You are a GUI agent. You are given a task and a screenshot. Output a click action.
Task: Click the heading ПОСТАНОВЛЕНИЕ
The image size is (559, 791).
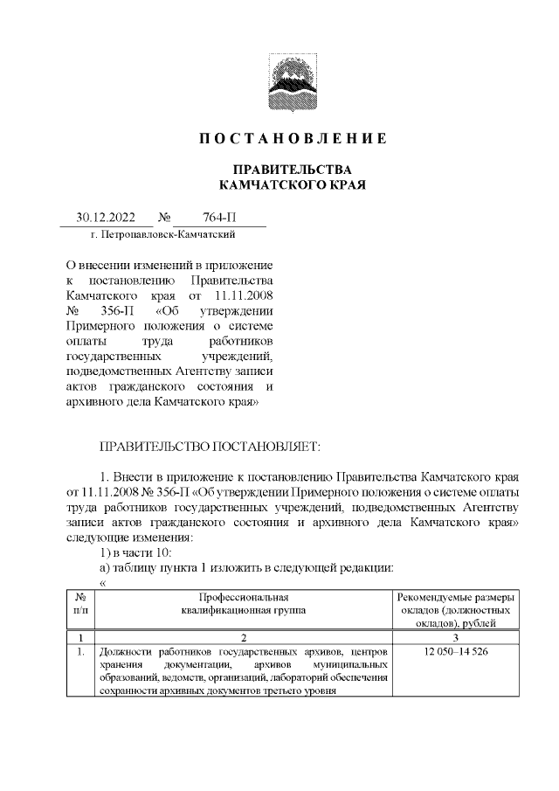292,139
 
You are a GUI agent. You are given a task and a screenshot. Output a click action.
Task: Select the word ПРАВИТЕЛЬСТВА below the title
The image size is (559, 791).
292,169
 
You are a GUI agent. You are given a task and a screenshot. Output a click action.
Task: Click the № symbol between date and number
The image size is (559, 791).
163,218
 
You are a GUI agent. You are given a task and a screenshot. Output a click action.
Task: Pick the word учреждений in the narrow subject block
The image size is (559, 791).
237,357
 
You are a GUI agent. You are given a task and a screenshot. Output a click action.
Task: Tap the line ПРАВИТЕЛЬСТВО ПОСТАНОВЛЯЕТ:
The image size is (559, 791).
210,447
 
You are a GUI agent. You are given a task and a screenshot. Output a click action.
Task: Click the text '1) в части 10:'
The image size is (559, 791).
138,552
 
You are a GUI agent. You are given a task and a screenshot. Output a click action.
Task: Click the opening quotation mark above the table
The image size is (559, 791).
103,582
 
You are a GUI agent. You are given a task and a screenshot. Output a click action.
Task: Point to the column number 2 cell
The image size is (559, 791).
244,638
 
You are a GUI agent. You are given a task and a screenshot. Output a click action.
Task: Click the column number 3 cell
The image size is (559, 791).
456,638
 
